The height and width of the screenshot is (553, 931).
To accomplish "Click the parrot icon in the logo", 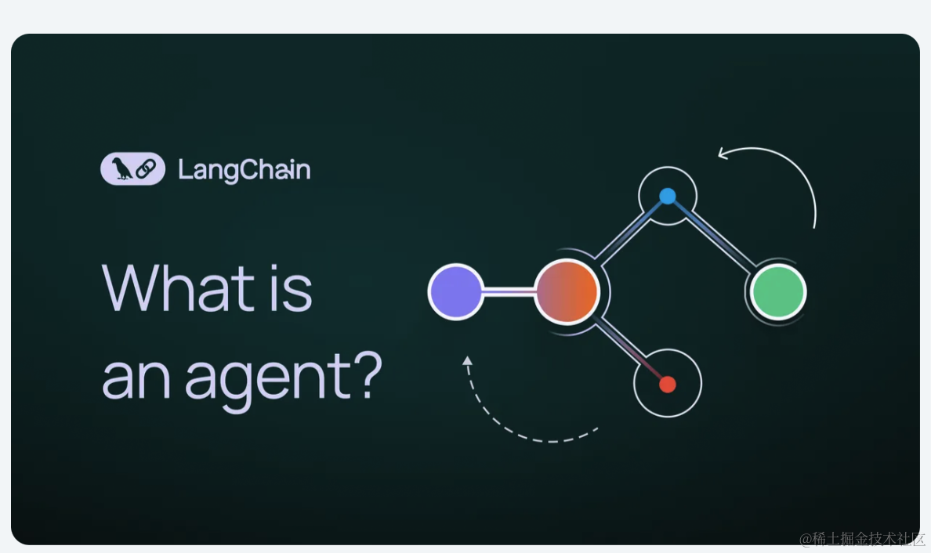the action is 121,168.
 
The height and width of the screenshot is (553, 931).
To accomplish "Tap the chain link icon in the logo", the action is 146,169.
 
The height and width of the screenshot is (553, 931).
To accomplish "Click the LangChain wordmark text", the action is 244,170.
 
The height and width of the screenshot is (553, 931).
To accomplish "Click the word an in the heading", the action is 136,380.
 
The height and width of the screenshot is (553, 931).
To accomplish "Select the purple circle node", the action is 455,292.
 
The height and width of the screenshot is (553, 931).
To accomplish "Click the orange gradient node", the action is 567,291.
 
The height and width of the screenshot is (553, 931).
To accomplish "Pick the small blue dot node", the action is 668,196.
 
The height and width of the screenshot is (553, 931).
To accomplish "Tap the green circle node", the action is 778,292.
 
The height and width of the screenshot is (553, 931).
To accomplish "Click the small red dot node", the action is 668,384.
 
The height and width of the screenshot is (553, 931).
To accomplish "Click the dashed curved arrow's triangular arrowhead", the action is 467,360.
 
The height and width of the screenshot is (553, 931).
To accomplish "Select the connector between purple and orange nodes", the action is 509,291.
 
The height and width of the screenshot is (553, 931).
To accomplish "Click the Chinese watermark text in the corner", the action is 862,539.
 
